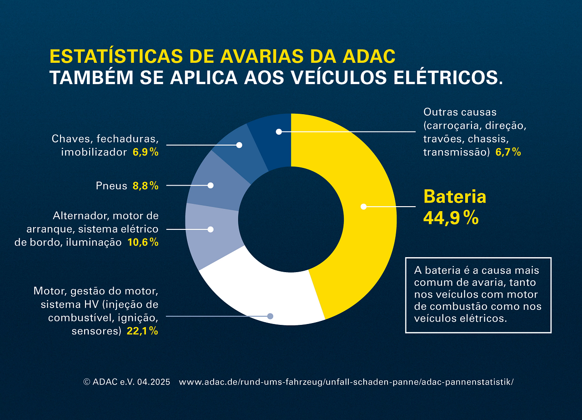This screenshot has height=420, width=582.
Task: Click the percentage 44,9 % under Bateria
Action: click(x=451, y=218)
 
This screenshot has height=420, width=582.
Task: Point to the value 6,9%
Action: click(x=145, y=152)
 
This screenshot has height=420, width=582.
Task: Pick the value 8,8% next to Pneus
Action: click(x=145, y=186)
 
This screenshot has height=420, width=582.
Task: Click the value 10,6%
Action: click(x=143, y=243)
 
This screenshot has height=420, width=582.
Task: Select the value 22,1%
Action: click(x=142, y=331)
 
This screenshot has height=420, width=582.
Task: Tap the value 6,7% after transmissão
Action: click(x=508, y=152)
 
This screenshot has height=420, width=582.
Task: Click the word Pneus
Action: click(x=111, y=186)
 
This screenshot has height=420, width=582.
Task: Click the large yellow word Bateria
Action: click(x=455, y=197)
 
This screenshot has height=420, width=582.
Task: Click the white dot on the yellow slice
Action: click(x=363, y=207)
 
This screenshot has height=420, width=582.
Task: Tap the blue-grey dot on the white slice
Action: click(x=270, y=316)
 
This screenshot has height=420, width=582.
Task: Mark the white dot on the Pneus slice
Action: click(x=211, y=185)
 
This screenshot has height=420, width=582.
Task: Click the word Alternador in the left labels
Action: click(x=80, y=215)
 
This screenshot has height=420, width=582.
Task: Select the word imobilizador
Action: click(x=94, y=152)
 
